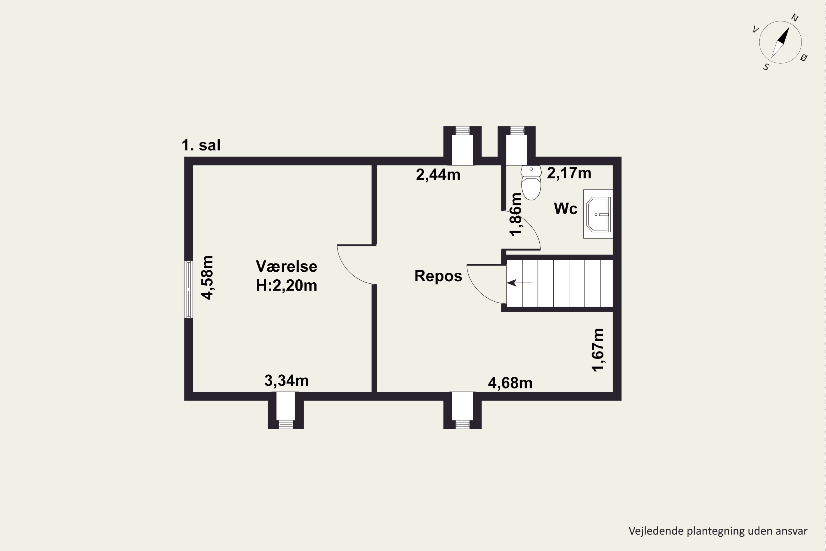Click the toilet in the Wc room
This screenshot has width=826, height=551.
pos(531,183)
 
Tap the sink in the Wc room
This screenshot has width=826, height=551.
pos(598,214)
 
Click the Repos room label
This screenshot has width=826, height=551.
pos(438,276)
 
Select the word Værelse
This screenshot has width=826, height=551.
pos(286,266)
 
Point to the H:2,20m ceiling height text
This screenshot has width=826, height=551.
pos(286,285)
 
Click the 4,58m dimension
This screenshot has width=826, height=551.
pos(207,278)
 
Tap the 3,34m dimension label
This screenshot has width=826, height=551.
pos(286,380)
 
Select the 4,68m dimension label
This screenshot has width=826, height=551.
pos(510,383)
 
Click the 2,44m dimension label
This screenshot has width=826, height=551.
pos(438,175)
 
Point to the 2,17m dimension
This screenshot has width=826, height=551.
pos(569,173)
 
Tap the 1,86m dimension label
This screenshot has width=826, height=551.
pos(515,214)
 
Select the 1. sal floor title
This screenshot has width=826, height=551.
pos(201,145)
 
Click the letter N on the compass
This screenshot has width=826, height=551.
pos(795,18)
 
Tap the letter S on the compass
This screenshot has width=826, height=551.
pos(766,67)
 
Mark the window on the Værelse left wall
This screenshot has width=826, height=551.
pos(189,290)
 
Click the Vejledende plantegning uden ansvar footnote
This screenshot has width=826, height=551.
pos(718,531)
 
